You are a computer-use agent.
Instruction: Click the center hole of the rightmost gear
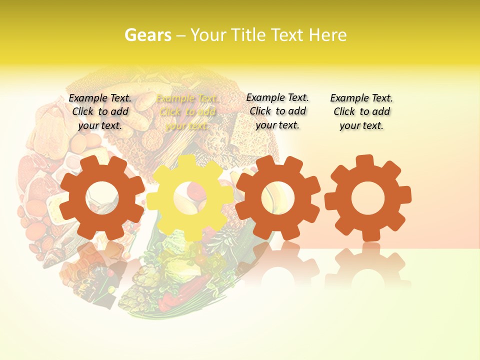[x=368, y=198]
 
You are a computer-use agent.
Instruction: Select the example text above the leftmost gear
[x=100, y=111]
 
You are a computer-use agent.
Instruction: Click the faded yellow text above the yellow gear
[x=187, y=112]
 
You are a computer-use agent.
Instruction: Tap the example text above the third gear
[x=277, y=111]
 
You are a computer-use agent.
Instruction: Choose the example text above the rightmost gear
[x=361, y=111]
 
